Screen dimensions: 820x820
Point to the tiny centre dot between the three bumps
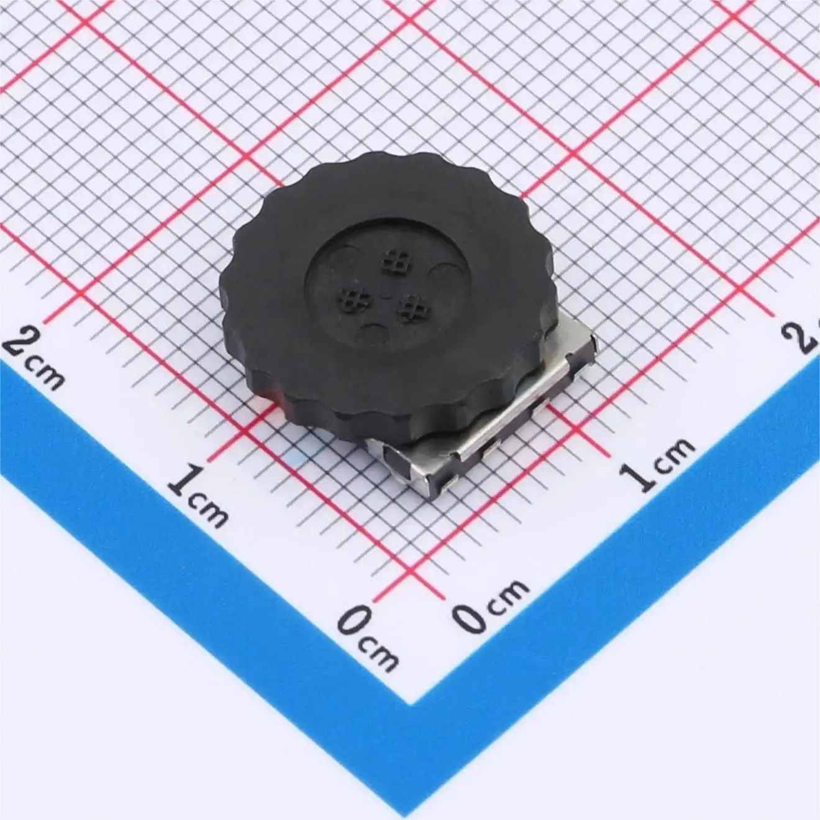click(x=386, y=293)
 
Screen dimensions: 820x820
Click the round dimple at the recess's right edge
click(x=445, y=273)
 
